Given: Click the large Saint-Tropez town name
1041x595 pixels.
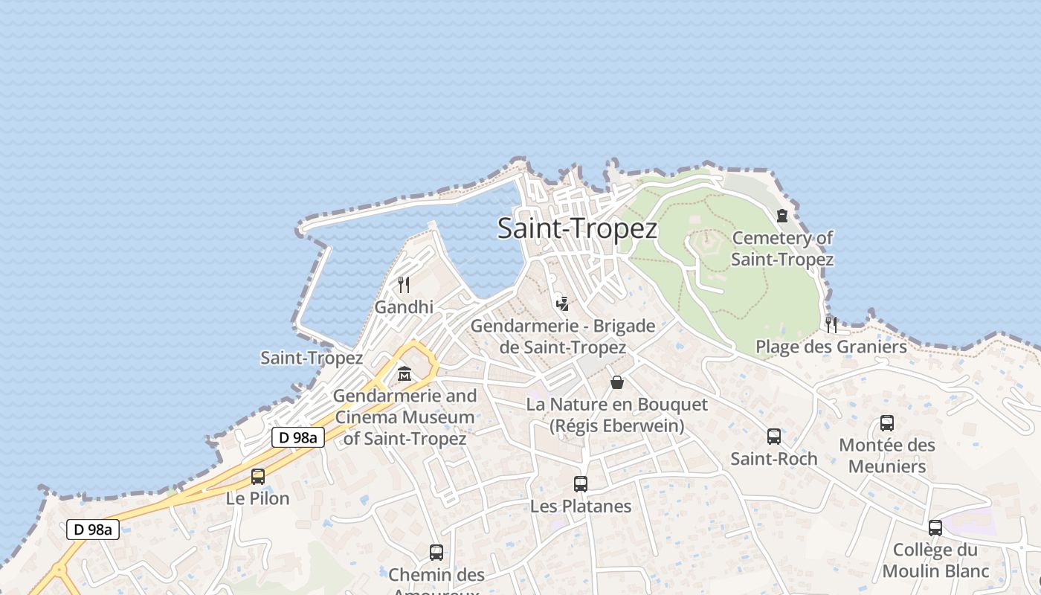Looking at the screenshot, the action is coord(577,228).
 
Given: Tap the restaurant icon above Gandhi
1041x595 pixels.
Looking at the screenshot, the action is coord(404,284).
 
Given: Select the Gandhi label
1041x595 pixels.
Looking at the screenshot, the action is coord(404,307).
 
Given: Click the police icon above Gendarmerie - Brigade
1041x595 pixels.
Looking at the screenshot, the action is coord(563,303).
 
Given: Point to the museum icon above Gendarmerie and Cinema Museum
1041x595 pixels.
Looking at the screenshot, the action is coord(405,373).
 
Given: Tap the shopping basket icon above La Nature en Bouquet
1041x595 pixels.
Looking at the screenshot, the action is coord(617,382).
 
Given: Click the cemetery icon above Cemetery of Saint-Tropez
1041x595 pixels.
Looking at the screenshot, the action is coord(782,216).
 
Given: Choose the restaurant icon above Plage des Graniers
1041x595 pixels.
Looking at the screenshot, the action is coord(831,324).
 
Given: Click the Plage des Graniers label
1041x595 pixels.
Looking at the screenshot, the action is coord(831,347).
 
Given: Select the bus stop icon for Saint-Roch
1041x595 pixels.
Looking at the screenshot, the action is coord(774,437).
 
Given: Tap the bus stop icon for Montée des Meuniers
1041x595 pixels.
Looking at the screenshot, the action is coord(887,423).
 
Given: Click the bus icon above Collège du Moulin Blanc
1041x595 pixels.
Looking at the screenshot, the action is coord(935,528).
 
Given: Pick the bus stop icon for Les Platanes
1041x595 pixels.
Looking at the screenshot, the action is coord(581,484).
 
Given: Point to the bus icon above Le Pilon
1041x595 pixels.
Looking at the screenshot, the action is coord(258,477).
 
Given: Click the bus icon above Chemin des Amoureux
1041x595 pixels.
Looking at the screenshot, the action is coord(436,553).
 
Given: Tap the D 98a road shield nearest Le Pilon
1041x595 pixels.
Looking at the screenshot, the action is coord(298,437).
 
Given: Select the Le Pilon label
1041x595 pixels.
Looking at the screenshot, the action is coord(258,498).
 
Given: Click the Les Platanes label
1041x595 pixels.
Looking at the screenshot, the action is coord(581,506).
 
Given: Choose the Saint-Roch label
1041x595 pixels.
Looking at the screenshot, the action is coord(774,459).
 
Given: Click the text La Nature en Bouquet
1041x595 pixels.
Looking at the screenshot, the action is coord(617,405).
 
